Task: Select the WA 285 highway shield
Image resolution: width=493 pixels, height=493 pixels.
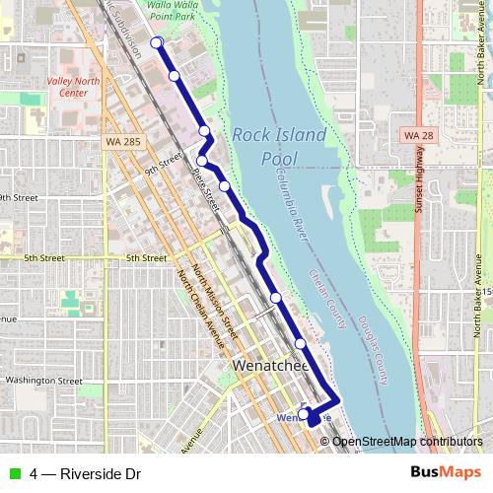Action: click(117, 143)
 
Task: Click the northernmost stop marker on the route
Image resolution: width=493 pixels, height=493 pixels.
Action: click(156, 41)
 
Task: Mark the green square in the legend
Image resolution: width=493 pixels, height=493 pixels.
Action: click(12, 474)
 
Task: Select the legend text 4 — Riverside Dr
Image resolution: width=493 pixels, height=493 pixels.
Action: click(85, 474)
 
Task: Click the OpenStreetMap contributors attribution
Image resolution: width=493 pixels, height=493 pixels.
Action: click(406, 441)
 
